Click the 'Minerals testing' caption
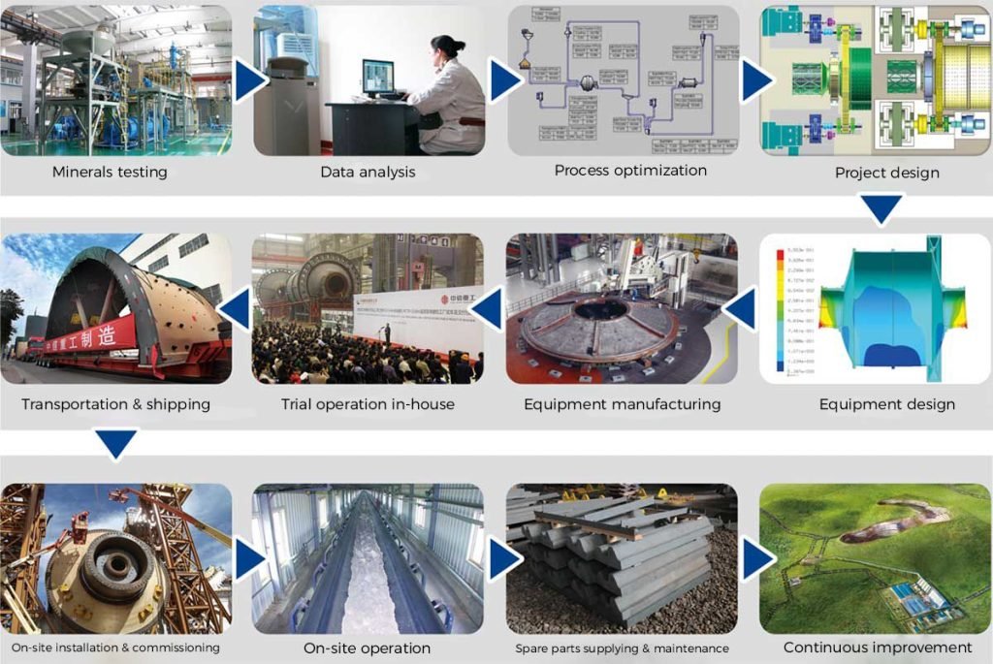point(110,173)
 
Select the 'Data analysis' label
point(368,173)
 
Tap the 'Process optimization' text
point(630,171)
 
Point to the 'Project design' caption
point(886,174)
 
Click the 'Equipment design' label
point(886,404)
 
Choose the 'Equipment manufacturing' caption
point(622,403)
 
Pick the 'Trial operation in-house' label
point(368,403)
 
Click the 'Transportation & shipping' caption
point(115,403)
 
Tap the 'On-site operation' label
point(368,648)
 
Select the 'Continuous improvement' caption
point(877,647)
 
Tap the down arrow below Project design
point(882,208)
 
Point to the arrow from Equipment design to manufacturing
point(742,310)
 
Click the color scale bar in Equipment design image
point(780,310)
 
